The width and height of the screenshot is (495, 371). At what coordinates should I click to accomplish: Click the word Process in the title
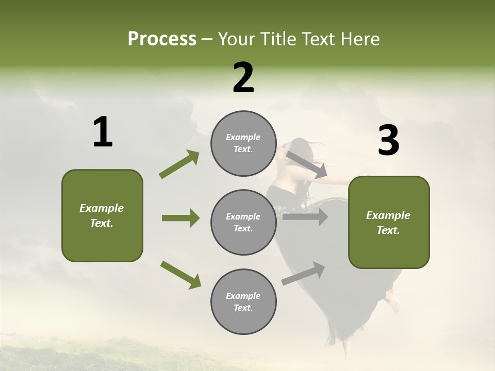click(162, 39)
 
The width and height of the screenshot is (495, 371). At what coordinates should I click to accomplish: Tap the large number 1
click(103, 132)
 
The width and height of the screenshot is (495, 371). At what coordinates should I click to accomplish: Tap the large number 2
click(243, 78)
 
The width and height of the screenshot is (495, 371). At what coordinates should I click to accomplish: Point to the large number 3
click(388, 141)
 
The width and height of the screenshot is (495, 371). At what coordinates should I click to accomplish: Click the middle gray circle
click(243, 222)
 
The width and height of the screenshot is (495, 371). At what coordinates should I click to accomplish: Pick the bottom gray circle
click(243, 302)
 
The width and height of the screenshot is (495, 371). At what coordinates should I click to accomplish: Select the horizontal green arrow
click(180, 218)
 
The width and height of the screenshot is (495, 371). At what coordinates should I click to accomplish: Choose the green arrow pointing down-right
click(181, 275)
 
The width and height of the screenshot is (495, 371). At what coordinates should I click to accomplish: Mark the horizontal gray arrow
click(305, 217)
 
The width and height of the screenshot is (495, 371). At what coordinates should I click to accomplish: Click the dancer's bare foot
click(394, 305)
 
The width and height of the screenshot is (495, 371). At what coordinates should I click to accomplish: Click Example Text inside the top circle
click(243, 143)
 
